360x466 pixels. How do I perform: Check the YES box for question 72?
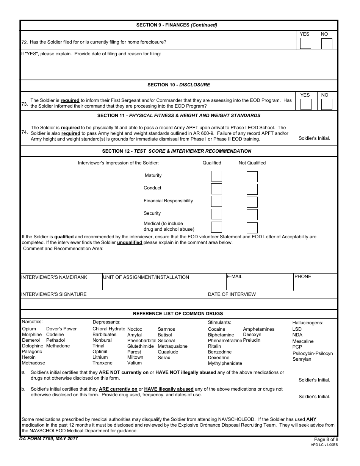[x=305, y=44]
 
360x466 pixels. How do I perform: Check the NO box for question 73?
[x=327, y=104]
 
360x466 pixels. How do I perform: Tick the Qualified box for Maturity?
[x=216, y=176]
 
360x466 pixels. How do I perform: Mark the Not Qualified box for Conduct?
[x=252, y=189]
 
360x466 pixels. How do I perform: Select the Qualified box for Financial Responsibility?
[x=216, y=202]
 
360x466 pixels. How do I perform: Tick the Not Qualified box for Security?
[x=252, y=214]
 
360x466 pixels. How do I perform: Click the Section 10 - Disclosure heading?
[x=178, y=85]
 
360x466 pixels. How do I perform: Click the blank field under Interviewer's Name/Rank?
[x=61, y=286]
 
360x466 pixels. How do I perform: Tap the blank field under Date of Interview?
[x=271, y=304]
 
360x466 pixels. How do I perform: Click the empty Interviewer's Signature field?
[x=113, y=304]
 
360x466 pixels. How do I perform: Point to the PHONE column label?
[x=303, y=277]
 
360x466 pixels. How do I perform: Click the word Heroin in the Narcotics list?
[x=29, y=357]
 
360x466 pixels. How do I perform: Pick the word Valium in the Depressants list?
[x=135, y=363]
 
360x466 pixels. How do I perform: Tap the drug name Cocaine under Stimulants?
[x=216, y=329]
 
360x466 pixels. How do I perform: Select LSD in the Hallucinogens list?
[x=297, y=329]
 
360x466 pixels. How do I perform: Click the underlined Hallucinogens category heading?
[x=308, y=323]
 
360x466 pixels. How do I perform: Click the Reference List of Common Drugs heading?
[x=178, y=314]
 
